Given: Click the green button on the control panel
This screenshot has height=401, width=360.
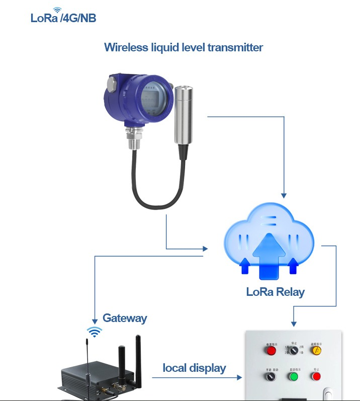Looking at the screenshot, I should [293, 376].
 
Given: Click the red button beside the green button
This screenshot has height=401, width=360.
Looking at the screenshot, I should [316, 376].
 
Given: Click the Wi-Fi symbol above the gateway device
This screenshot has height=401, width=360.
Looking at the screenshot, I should [94, 331].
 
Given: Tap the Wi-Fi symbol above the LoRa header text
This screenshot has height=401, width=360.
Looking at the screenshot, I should [57, 10].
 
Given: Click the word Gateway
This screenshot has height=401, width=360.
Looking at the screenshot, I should [125, 318].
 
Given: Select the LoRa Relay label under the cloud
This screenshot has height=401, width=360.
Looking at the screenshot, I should [275, 292].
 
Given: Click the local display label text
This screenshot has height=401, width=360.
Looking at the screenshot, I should [194, 368].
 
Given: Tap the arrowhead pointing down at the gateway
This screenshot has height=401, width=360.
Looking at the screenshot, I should [94, 320].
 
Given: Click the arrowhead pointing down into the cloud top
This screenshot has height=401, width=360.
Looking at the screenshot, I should [284, 195].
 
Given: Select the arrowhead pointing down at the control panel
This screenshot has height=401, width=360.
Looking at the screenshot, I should [294, 323].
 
